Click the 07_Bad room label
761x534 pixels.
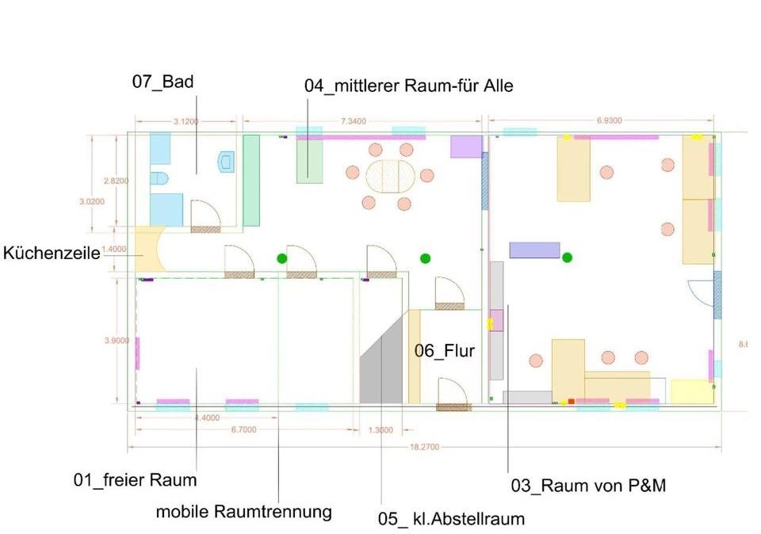163,81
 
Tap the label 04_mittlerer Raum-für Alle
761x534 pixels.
408,86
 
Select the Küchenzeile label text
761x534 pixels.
52,253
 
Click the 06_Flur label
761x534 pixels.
444,350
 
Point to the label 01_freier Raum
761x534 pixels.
135,480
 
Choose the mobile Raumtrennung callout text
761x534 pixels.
243,511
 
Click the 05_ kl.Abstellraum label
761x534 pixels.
450,519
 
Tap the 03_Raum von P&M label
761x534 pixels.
587,486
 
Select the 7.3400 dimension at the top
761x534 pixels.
353,121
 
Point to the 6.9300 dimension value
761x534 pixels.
609,120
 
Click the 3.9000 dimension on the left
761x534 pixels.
117,341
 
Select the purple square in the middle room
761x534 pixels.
466,147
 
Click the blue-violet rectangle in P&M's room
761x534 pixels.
534,250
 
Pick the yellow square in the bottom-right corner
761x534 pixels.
691,391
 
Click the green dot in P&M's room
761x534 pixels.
568,257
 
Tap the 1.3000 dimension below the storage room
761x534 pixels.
380,430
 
